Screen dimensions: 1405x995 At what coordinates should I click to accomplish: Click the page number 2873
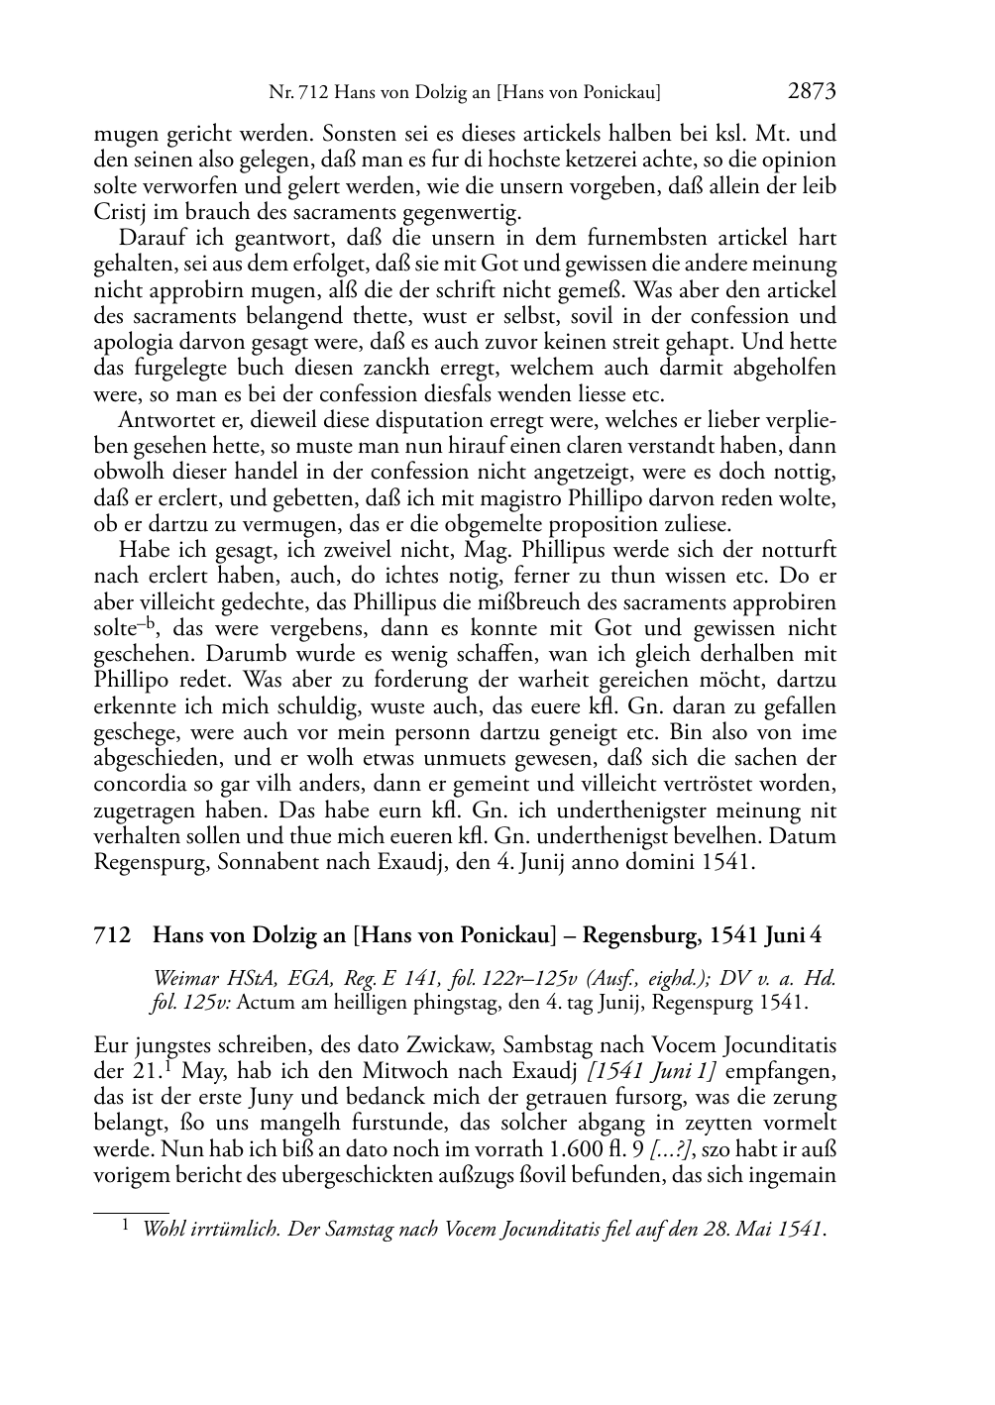pos(813,92)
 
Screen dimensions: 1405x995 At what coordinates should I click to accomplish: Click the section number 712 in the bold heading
pos(112,934)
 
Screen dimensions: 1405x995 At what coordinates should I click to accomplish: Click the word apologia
pos(132,342)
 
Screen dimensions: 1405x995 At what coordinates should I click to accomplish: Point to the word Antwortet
pos(158,420)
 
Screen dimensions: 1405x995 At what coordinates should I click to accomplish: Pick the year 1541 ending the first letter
pos(728,862)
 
